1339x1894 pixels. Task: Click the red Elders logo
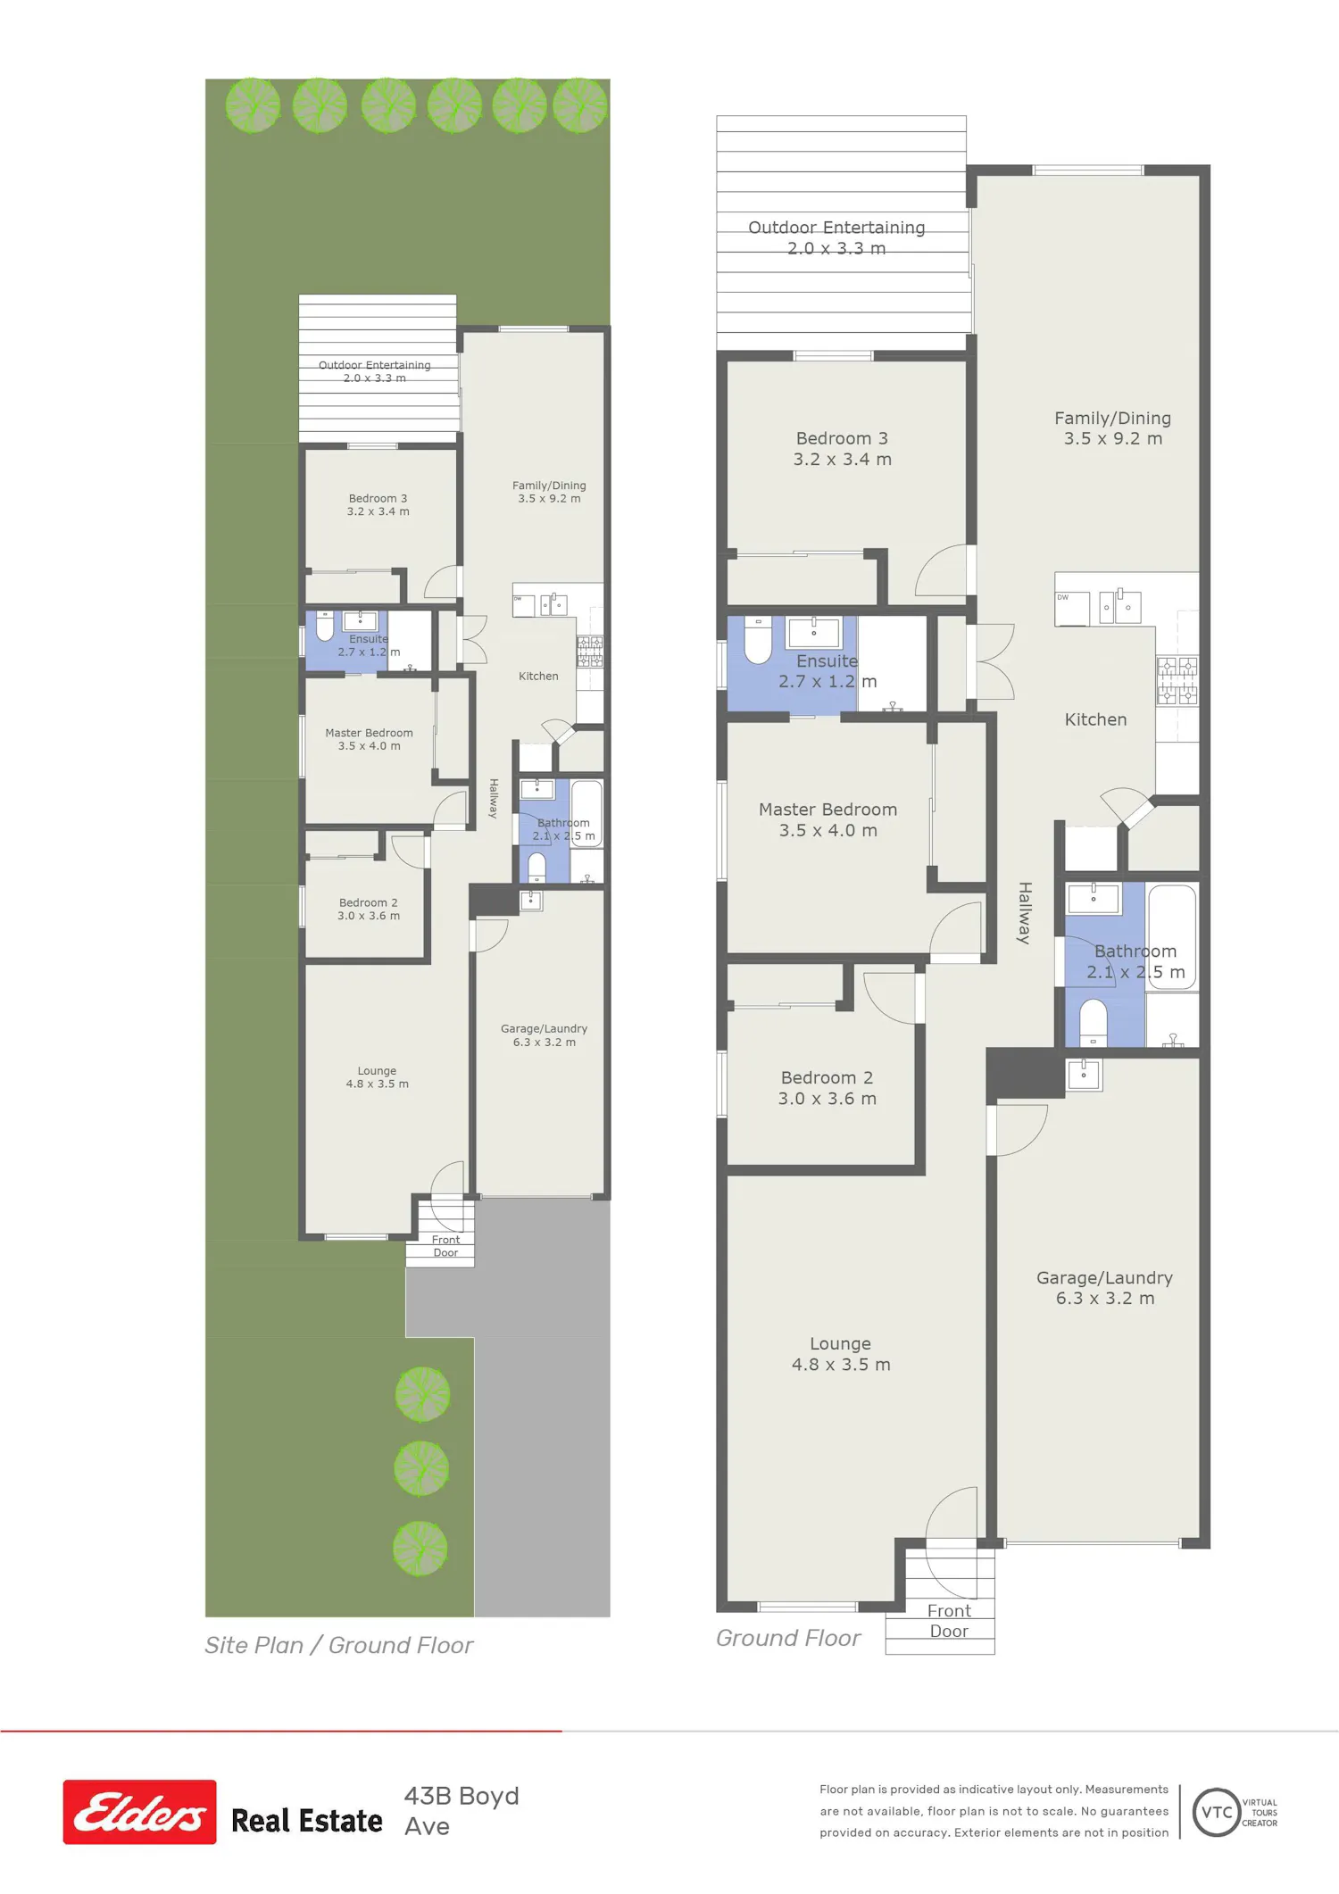139,1812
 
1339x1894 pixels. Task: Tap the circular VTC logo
1217,1812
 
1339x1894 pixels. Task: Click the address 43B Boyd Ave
462,1811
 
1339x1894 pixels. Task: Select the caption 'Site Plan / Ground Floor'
338,1645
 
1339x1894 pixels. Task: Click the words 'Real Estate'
306,1821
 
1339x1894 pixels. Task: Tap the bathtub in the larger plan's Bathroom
1172,937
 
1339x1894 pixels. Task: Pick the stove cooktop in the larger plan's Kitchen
1177,681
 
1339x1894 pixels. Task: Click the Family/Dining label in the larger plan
1112,428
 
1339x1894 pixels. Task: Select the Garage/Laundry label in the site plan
544,1035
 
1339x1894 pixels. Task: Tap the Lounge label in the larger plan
841,1354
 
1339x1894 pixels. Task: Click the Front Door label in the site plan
445,1246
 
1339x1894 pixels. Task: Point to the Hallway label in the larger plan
1025,913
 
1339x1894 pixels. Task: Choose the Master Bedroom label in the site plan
369,739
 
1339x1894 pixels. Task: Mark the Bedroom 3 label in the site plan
378,505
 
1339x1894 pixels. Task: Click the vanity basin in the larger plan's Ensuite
813,632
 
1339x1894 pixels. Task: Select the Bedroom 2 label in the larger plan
827,1088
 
